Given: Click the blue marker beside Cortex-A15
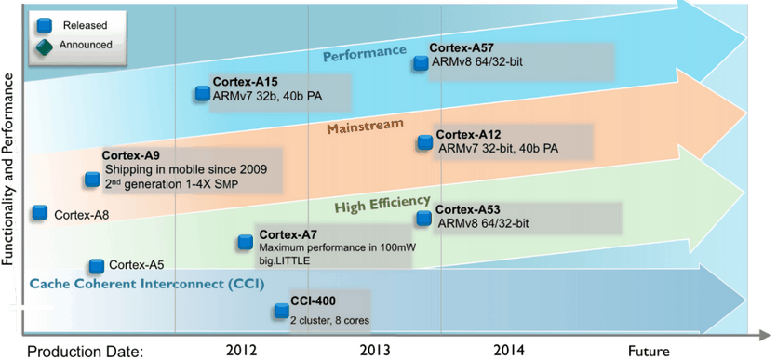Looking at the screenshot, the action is point(203,93).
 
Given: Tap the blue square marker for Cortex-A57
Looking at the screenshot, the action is point(421,63).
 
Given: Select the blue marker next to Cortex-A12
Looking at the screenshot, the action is point(424,142).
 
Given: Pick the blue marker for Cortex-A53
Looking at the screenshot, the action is point(423,219).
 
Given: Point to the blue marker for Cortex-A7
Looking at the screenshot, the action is point(246,242).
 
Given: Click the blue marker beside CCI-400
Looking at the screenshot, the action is point(281,311).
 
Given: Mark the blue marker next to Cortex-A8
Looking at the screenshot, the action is point(40,212).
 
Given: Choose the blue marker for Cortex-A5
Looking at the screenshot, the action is point(97,266).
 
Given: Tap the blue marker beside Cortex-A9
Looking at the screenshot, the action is point(92,180).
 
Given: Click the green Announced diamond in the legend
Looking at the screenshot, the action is point(44,47).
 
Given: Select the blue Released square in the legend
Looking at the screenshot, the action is point(44,24).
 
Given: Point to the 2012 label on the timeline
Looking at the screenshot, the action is point(241,350).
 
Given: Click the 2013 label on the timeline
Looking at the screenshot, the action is point(375,350).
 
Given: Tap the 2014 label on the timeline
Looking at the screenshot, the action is point(508,350).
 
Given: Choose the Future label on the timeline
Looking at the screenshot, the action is point(650,351).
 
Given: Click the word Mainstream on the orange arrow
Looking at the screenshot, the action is point(365,127).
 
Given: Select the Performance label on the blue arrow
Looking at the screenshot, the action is point(365,53).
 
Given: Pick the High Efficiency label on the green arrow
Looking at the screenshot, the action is point(382,203).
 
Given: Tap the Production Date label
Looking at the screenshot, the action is point(85,352).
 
